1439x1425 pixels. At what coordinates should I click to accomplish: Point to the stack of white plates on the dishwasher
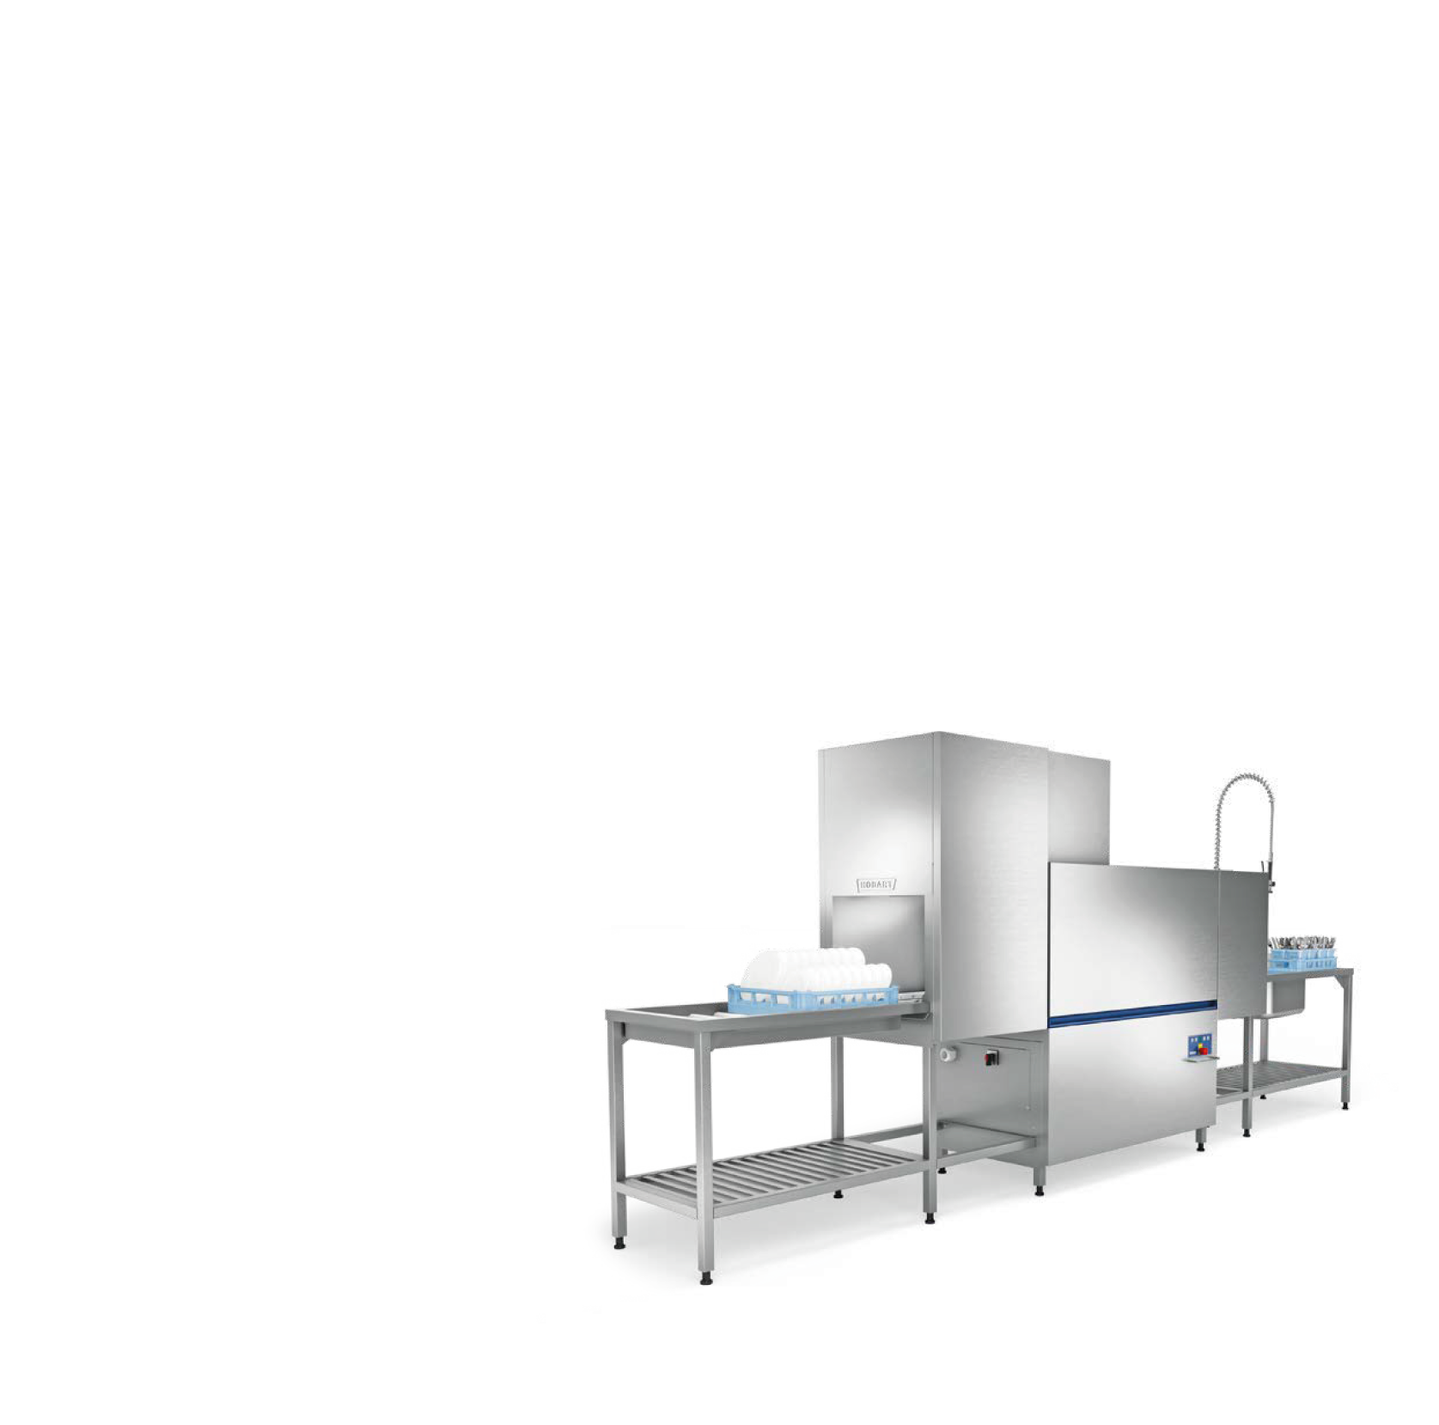point(817,971)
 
